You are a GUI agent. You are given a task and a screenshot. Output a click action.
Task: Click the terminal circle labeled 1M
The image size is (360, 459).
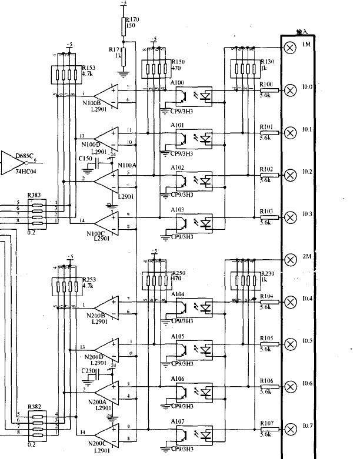[x=289, y=48]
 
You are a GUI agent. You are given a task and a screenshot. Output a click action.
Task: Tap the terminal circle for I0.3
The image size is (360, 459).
[x=289, y=217]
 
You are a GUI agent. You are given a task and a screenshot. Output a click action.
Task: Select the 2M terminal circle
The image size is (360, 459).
[x=289, y=259]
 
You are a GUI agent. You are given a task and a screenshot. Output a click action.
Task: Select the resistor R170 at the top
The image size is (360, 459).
[x=124, y=26]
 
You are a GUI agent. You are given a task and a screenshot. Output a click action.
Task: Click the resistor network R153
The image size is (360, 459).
[x=65, y=75]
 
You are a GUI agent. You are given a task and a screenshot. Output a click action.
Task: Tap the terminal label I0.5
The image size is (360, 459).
[x=308, y=340]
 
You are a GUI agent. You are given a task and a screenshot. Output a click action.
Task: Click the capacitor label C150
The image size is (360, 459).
[x=86, y=159]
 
